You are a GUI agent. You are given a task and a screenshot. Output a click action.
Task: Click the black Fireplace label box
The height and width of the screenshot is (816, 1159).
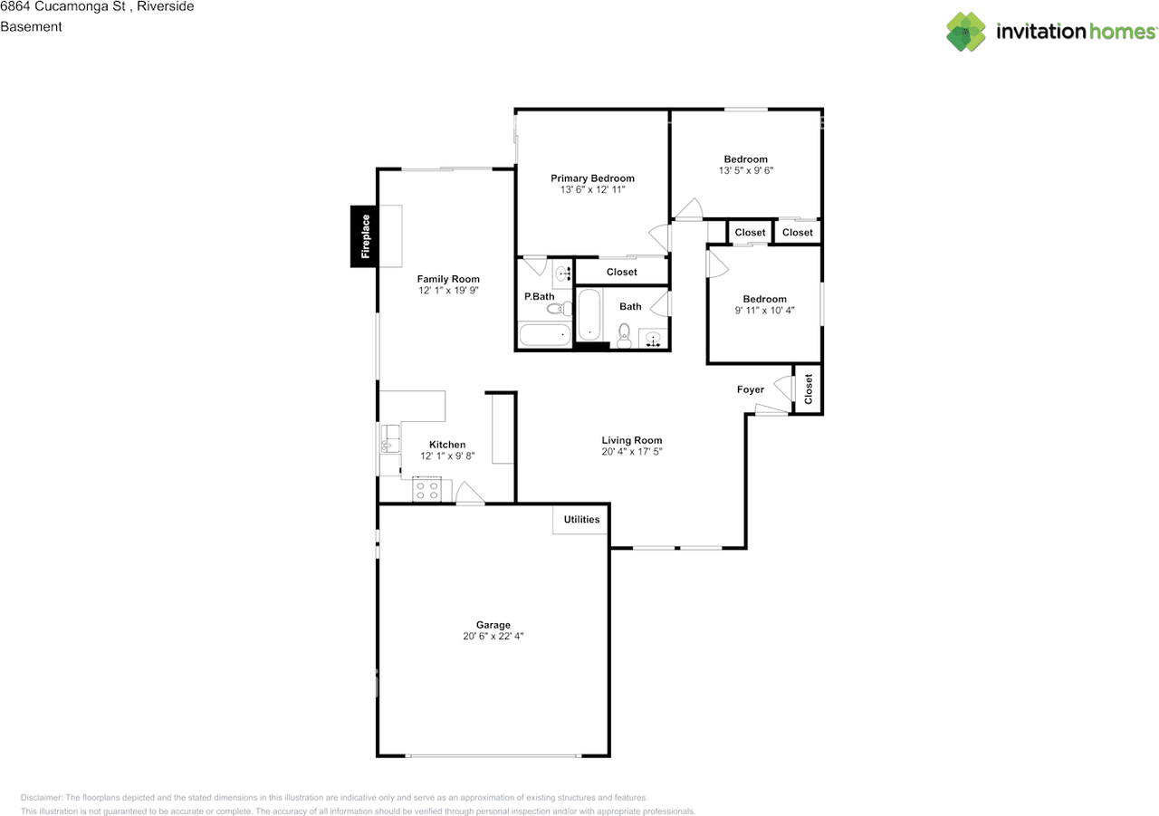pyautogui.click(x=365, y=236)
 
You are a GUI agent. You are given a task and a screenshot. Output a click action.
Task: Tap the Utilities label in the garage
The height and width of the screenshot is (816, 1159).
pyautogui.click(x=581, y=520)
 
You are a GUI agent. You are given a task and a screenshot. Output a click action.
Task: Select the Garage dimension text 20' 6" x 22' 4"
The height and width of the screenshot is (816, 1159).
pyautogui.click(x=493, y=637)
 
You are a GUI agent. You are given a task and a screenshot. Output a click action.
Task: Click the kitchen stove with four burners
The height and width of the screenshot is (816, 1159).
pyautogui.click(x=426, y=490)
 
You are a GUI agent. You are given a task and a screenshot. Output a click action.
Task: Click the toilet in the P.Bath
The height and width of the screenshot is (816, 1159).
pyautogui.click(x=555, y=309)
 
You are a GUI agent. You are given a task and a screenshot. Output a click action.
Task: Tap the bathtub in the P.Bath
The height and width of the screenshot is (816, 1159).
pyautogui.click(x=545, y=335)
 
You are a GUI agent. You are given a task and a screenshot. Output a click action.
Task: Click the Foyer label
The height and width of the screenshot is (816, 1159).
pyautogui.click(x=750, y=390)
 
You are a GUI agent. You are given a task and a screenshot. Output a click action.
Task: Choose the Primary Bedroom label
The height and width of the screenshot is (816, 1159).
pyautogui.click(x=593, y=178)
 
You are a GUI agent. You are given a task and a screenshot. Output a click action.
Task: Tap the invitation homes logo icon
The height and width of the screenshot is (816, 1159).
pyautogui.click(x=966, y=32)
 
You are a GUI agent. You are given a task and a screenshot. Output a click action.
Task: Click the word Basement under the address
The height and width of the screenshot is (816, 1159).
pyautogui.click(x=31, y=26)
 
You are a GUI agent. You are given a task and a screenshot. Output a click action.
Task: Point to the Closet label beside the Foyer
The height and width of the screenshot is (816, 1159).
pyautogui.click(x=809, y=389)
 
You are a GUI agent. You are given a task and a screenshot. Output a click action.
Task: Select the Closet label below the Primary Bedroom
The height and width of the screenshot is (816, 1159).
pyautogui.click(x=621, y=272)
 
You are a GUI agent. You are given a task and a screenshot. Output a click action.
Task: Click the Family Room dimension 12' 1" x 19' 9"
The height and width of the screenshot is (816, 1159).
pyautogui.click(x=448, y=291)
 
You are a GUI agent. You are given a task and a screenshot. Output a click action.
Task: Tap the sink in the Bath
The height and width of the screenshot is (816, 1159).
pyautogui.click(x=654, y=340)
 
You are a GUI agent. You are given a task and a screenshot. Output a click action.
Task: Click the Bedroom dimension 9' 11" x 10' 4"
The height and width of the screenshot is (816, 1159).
pyautogui.click(x=765, y=311)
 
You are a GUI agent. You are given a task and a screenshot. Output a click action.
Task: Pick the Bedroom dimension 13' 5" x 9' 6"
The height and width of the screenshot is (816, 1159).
pyautogui.click(x=745, y=170)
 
